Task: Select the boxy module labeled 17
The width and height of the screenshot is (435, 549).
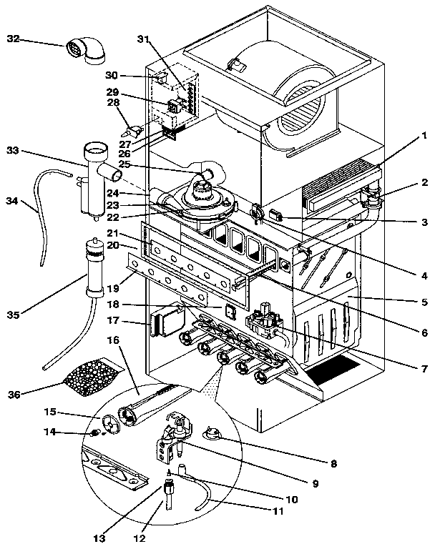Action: click(x=162, y=320)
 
